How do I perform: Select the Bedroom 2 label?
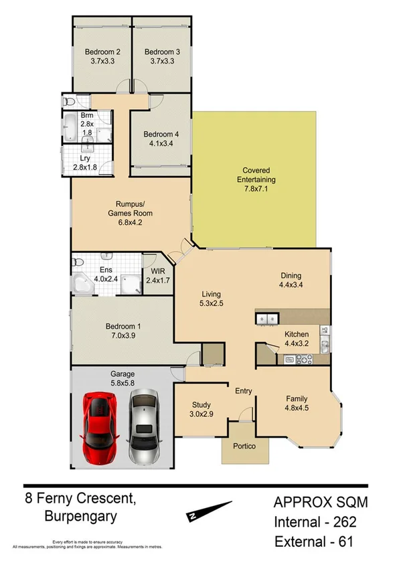[x=102, y=52]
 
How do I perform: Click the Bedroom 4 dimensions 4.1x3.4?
[x=161, y=143]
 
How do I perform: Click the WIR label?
[x=158, y=272]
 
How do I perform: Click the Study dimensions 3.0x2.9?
[x=201, y=414]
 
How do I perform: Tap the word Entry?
[x=242, y=391]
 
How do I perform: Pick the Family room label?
[x=297, y=397]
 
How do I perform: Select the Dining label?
[x=291, y=275]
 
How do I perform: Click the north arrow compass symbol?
[x=210, y=511]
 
